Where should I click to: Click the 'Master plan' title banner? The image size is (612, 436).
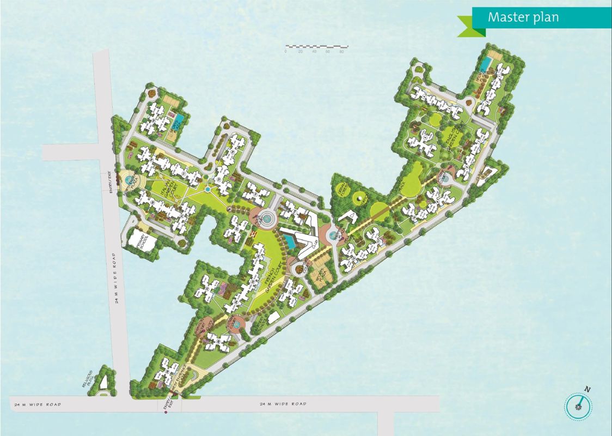click(x=523, y=17)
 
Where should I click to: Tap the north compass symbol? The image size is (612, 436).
click(x=578, y=405)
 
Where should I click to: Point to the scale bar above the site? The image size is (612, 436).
click(x=315, y=47)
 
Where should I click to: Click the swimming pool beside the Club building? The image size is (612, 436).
click(x=289, y=240)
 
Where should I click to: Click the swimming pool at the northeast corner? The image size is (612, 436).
click(x=484, y=64)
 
